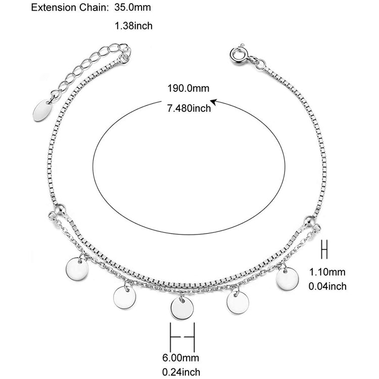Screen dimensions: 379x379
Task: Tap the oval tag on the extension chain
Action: pos(42,110)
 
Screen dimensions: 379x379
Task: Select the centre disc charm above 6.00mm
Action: pos(182,308)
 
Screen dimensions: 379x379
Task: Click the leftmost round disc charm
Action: pos(77,269)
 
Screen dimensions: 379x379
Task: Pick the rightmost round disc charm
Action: pos(287,278)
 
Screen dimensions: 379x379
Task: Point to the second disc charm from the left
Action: pos(125,298)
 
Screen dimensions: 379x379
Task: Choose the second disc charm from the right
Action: pos(238,303)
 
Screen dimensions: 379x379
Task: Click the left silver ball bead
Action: pos(60,209)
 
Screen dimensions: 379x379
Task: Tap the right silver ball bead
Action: pos(309,221)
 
